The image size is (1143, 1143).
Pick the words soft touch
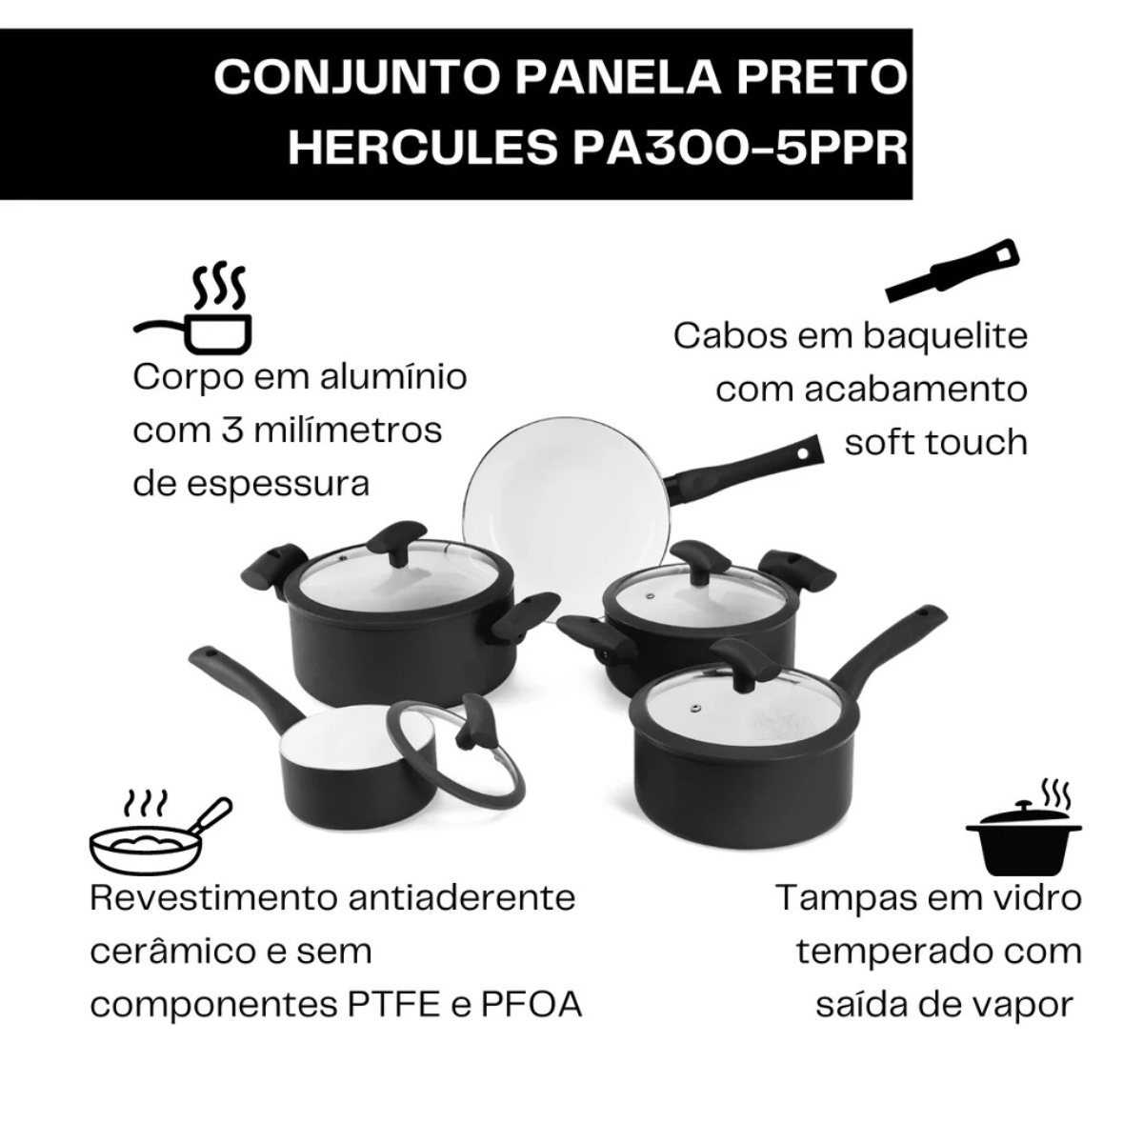tap(935, 442)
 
